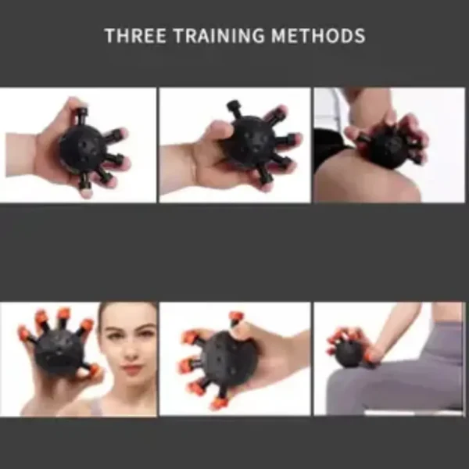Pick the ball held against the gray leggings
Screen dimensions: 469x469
tap(349, 352)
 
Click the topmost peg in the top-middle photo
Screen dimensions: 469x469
tap(234, 106)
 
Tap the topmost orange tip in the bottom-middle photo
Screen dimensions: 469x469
tap(234, 317)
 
